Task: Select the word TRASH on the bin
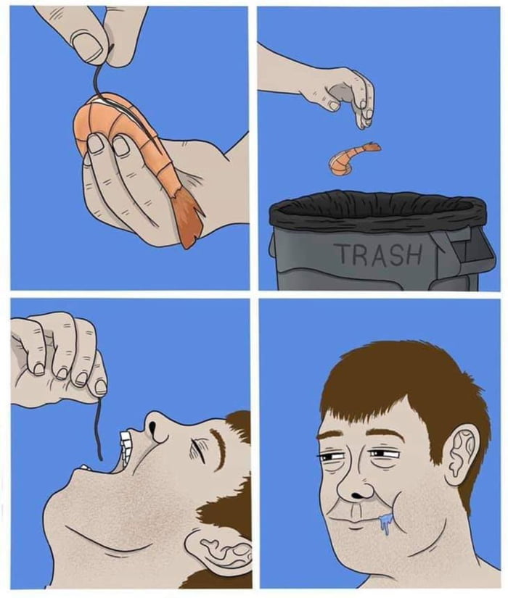click(x=377, y=254)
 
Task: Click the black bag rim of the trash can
click(x=377, y=210)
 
